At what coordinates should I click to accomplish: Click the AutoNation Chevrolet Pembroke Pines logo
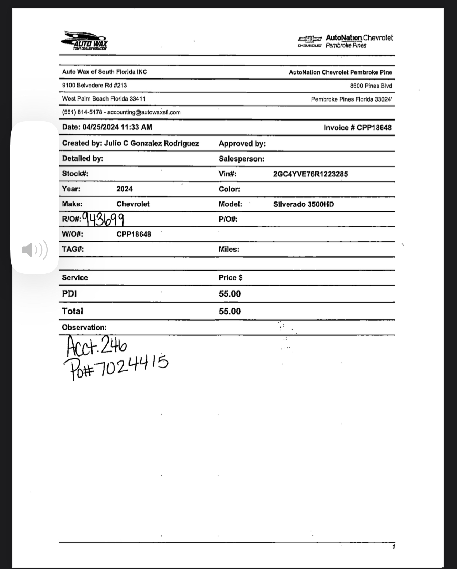(346, 41)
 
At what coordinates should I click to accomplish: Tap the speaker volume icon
(35, 250)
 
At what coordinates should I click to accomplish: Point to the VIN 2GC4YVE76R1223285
(310, 174)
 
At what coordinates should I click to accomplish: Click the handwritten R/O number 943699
(103, 219)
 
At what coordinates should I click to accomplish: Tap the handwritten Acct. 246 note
(96, 346)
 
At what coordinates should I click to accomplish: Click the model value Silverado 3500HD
(303, 204)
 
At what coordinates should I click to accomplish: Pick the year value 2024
(124, 189)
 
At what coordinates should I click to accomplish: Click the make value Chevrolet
(133, 204)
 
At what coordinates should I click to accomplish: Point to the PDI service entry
(69, 294)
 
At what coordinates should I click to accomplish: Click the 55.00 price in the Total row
(230, 311)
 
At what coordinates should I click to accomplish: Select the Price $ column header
(230, 278)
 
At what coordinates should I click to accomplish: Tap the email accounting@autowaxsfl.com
(144, 112)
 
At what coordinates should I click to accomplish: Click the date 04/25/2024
(100, 127)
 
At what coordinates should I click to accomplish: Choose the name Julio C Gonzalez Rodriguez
(151, 143)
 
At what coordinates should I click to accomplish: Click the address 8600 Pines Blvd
(371, 86)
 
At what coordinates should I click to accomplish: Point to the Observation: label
(84, 328)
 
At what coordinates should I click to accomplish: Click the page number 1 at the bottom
(394, 547)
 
